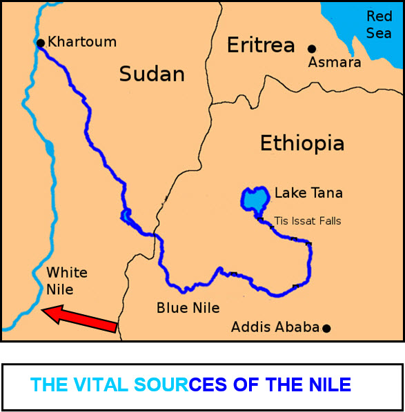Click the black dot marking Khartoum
41,43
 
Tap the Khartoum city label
82,42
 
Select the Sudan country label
152,74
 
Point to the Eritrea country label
261,46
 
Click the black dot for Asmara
312,48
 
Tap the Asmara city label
335,63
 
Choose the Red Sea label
379,25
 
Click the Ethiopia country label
302,143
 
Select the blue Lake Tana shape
254,199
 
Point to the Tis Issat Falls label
308,221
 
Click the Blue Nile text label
188,308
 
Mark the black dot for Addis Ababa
326,328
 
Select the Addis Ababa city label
275,327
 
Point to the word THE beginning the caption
49,384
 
